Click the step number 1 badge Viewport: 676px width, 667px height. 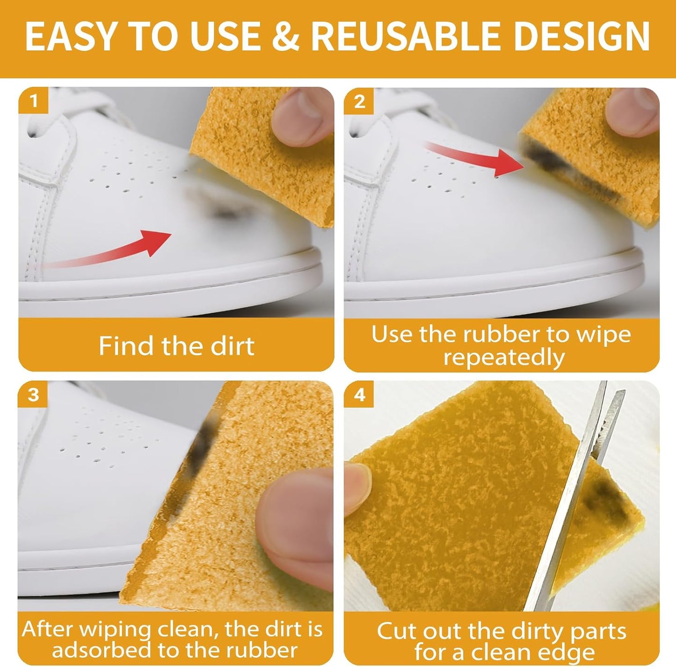33,100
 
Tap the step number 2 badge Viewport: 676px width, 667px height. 359,101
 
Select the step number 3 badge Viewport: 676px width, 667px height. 33,395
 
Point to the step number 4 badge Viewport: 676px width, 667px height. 359,395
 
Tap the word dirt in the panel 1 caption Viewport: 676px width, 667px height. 232,346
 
